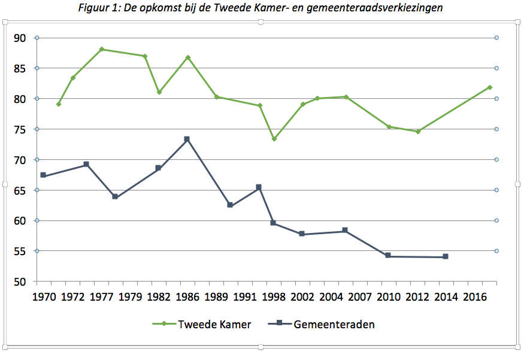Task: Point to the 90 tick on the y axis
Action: pyautogui.click(x=20, y=38)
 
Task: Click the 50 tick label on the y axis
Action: pyautogui.click(x=20, y=282)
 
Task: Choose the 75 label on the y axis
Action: pyautogui.click(x=20, y=129)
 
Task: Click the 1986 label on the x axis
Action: pyautogui.click(x=187, y=297)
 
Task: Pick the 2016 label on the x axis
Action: pyautogui.click(x=474, y=297)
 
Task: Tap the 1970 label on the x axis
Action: pyautogui.click(x=44, y=297)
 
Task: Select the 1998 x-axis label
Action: pyautogui.click(x=274, y=297)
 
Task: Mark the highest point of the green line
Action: pyautogui.click(x=102, y=49)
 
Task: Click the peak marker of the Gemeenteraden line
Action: pyautogui.click(x=187, y=139)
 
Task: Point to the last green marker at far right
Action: pyautogui.click(x=490, y=87)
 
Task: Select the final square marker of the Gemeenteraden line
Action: pyautogui.click(x=446, y=256)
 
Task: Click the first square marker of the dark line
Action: pyautogui.click(x=43, y=175)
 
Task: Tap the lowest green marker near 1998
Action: pyautogui.click(x=274, y=139)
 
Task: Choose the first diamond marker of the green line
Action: pyautogui.click(x=59, y=104)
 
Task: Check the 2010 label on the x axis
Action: pyautogui.click(x=388, y=297)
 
